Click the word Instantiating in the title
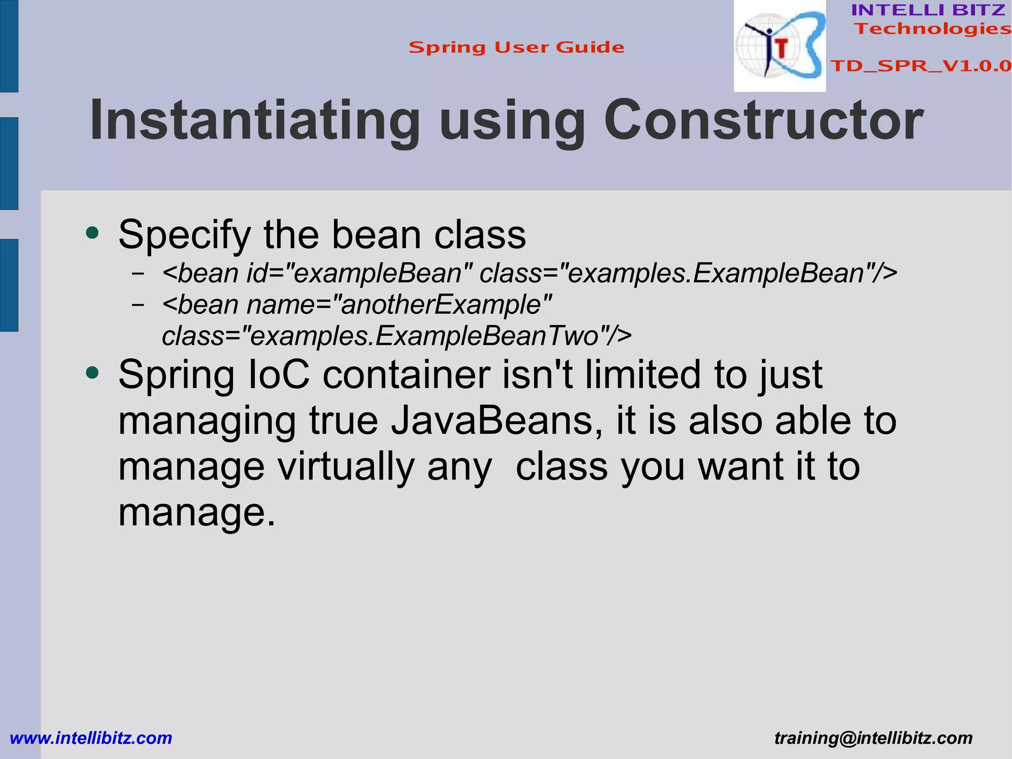(x=254, y=121)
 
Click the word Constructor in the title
(x=763, y=121)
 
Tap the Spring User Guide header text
(x=516, y=47)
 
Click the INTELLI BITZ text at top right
(x=928, y=10)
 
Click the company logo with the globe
(x=779, y=46)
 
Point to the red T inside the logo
(x=781, y=48)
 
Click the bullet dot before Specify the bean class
(x=92, y=232)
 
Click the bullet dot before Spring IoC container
(x=92, y=372)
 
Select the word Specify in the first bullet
(x=185, y=235)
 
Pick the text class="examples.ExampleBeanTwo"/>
(x=396, y=336)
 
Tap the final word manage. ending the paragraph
(x=196, y=513)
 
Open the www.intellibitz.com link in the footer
(x=91, y=738)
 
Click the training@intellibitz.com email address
(x=873, y=738)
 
